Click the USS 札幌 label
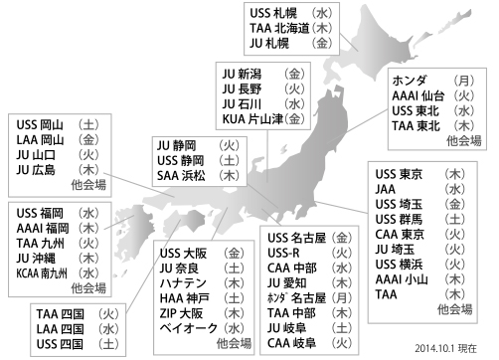tap(276, 15)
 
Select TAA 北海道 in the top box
tap(282, 30)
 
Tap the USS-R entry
tap(286, 253)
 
